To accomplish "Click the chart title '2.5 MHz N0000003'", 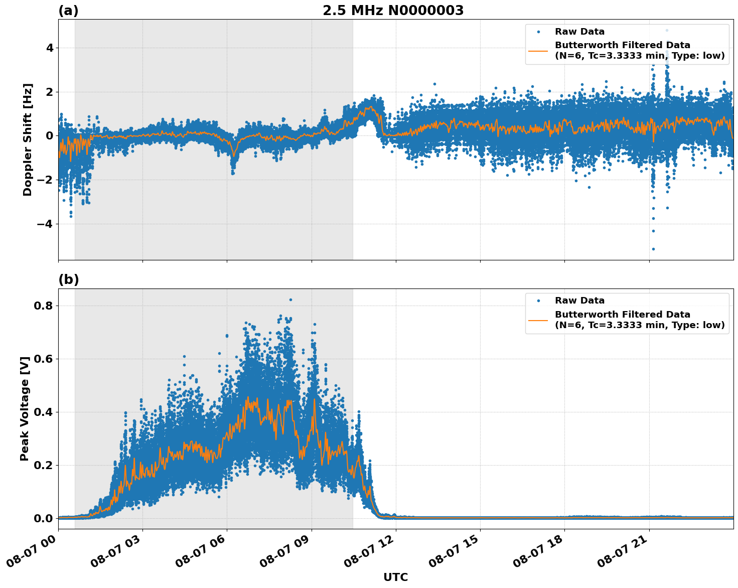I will pos(393,11).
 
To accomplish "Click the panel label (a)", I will pos(68,11).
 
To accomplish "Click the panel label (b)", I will pos(68,279).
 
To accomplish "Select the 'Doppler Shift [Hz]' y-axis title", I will pos(28,139).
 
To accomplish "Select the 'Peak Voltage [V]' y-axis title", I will pos(25,408).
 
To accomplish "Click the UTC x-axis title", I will pos(395,577).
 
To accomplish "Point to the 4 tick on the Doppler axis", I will pos(50,48).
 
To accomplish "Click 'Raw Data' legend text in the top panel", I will pos(579,32).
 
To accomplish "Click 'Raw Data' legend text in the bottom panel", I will pos(579,301).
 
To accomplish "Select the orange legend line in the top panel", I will pos(538,51).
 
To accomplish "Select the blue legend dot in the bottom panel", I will pos(538,301).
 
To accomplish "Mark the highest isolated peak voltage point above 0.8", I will pos(290,300).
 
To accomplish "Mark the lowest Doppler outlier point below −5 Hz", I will pos(653,249).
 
